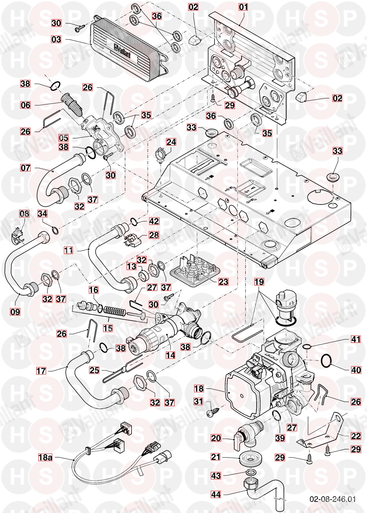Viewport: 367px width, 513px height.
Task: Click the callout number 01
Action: [243, 7]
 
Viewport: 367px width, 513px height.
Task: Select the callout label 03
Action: [56, 40]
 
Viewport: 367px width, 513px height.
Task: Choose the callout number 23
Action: [223, 282]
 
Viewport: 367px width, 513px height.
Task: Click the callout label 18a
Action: [45, 457]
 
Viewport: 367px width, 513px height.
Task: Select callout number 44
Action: [216, 494]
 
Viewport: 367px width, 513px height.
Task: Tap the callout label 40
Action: [356, 370]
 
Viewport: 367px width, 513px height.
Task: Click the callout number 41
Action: [356, 339]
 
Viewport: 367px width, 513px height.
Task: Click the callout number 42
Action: [154, 221]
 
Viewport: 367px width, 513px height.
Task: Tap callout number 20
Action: [216, 438]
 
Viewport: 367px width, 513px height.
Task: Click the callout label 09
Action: [15, 312]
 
